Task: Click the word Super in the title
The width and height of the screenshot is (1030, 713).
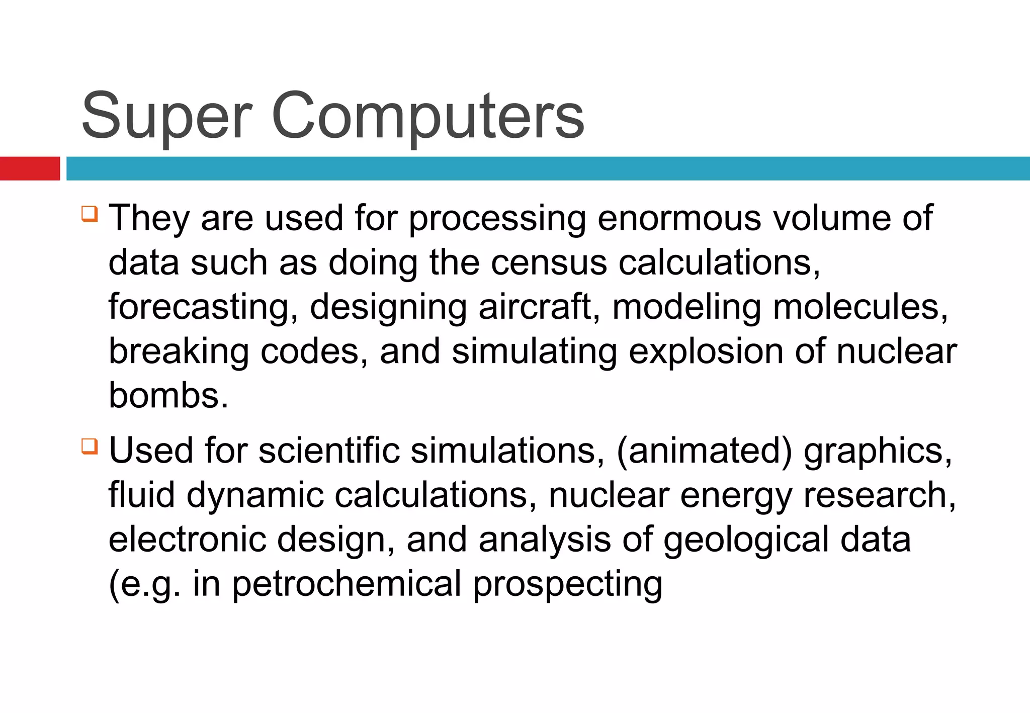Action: pyautogui.click(x=166, y=117)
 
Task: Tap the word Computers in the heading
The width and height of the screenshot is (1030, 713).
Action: pyautogui.click(x=427, y=117)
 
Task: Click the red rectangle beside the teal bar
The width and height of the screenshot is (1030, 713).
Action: pyautogui.click(x=30, y=168)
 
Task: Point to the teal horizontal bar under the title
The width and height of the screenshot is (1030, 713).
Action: pyautogui.click(x=548, y=168)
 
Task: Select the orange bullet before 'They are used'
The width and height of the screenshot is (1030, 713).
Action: pyautogui.click(x=89, y=213)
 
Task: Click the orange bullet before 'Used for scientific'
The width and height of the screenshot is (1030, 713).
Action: pyautogui.click(x=89, y=446)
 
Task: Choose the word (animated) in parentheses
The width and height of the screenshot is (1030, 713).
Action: pyautogui.click(x=704, y=451)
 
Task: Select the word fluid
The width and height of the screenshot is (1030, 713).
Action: pyautogui.click(x=142, y=495)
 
